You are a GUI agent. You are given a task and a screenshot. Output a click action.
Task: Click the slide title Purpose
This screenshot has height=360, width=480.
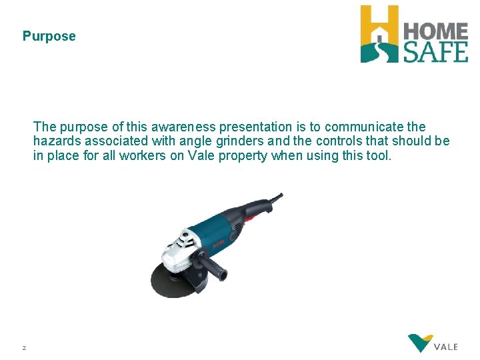tap(49, 37)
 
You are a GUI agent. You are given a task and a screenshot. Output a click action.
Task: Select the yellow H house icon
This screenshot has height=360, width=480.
tap(379, 33)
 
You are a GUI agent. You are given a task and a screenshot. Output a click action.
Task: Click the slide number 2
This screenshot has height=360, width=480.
tap(24, 347)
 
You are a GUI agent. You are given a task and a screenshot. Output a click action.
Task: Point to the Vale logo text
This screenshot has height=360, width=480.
tap(445, 347)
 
